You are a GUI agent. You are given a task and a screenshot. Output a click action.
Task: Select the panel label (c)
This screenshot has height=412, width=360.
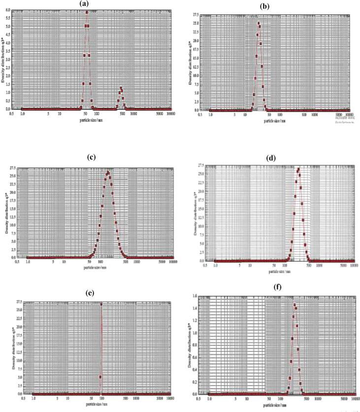click(x=91, y=159)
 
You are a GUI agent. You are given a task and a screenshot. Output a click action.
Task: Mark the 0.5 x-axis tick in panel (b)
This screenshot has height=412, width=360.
click(x=200, y=114)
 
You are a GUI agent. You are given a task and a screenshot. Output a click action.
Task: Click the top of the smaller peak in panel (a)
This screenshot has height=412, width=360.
click(x=121, y=89)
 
